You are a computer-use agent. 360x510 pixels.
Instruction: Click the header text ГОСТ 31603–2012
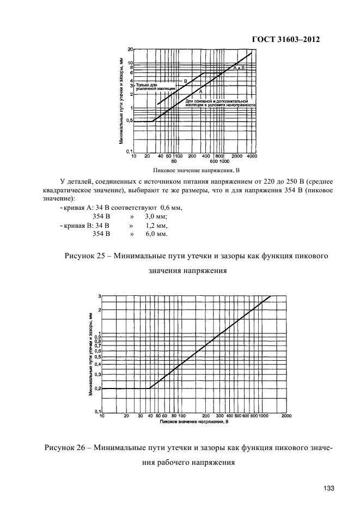point(284,40)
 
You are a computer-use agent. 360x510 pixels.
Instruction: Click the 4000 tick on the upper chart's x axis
point(252,156)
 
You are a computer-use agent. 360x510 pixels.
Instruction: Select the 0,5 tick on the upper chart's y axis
point(130,121)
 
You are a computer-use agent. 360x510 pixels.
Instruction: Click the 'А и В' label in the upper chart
point(240,68)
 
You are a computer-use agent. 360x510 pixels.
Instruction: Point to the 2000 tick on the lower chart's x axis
point(286,416)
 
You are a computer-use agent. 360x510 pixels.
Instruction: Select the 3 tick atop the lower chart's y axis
point(100,296)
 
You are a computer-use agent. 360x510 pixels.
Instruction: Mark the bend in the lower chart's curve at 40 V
point(149,388)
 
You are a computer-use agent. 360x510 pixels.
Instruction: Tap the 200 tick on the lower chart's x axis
point(206,416)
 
